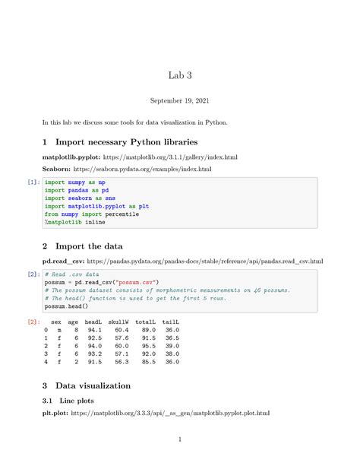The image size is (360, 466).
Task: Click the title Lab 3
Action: [179, 75]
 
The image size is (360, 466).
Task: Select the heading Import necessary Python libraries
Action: [122, 141]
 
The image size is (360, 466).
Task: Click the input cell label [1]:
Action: [33, 183]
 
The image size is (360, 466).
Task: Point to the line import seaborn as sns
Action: [74, 198]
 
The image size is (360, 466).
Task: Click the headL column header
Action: [95, 322]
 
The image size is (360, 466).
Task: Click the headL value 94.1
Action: [95, 331]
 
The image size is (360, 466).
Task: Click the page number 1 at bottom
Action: [179, 439]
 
